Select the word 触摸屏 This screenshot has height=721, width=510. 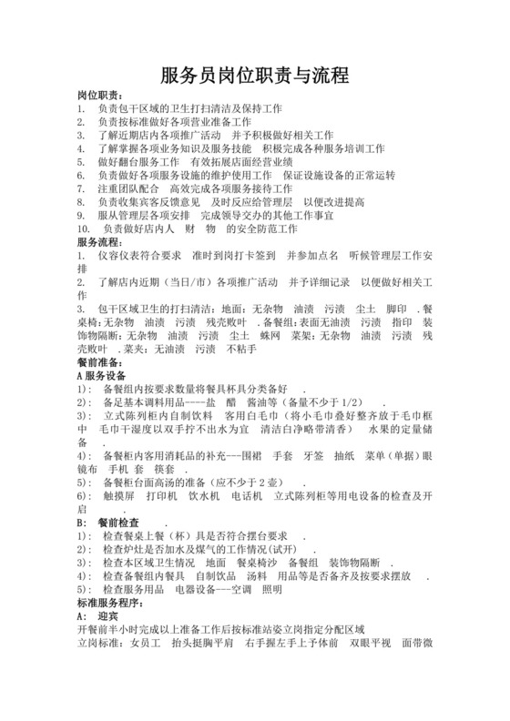[118, 496]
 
